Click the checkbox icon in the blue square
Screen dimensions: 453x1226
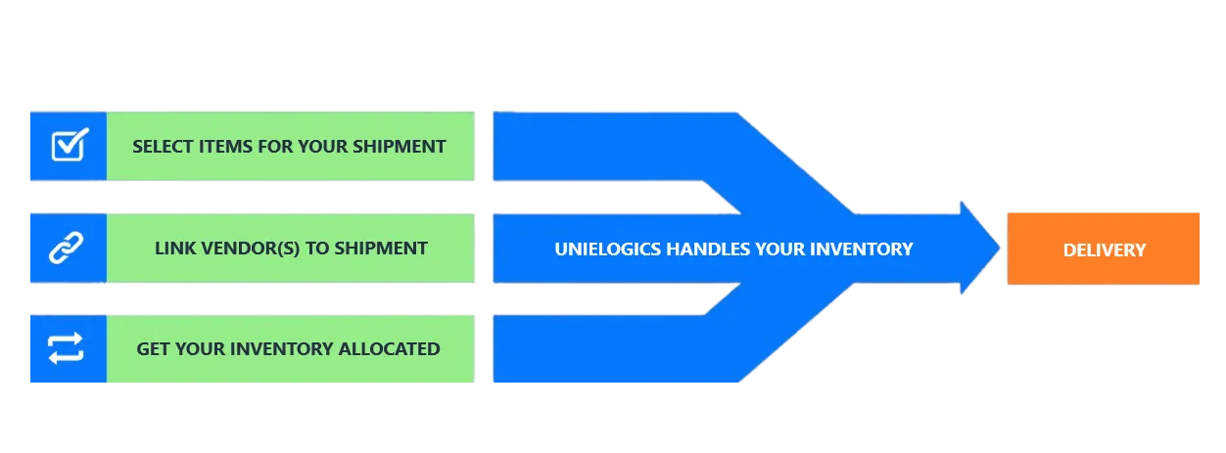coord(68,146)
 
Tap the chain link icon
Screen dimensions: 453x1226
coord(68,249)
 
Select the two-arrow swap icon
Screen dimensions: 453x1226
coord(67,348)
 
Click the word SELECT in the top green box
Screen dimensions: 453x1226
coord(160,147)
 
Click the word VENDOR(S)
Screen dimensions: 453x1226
coord(252,248)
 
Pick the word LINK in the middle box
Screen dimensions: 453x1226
coord(174,248)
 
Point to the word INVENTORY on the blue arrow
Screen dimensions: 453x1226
coord(865,249)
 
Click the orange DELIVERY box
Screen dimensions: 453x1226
coord(1104,249)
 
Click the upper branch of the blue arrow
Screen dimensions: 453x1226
coord(607,147)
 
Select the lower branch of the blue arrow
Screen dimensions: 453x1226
coord(607,348)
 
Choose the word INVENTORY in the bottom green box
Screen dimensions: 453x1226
coord(283,348)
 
